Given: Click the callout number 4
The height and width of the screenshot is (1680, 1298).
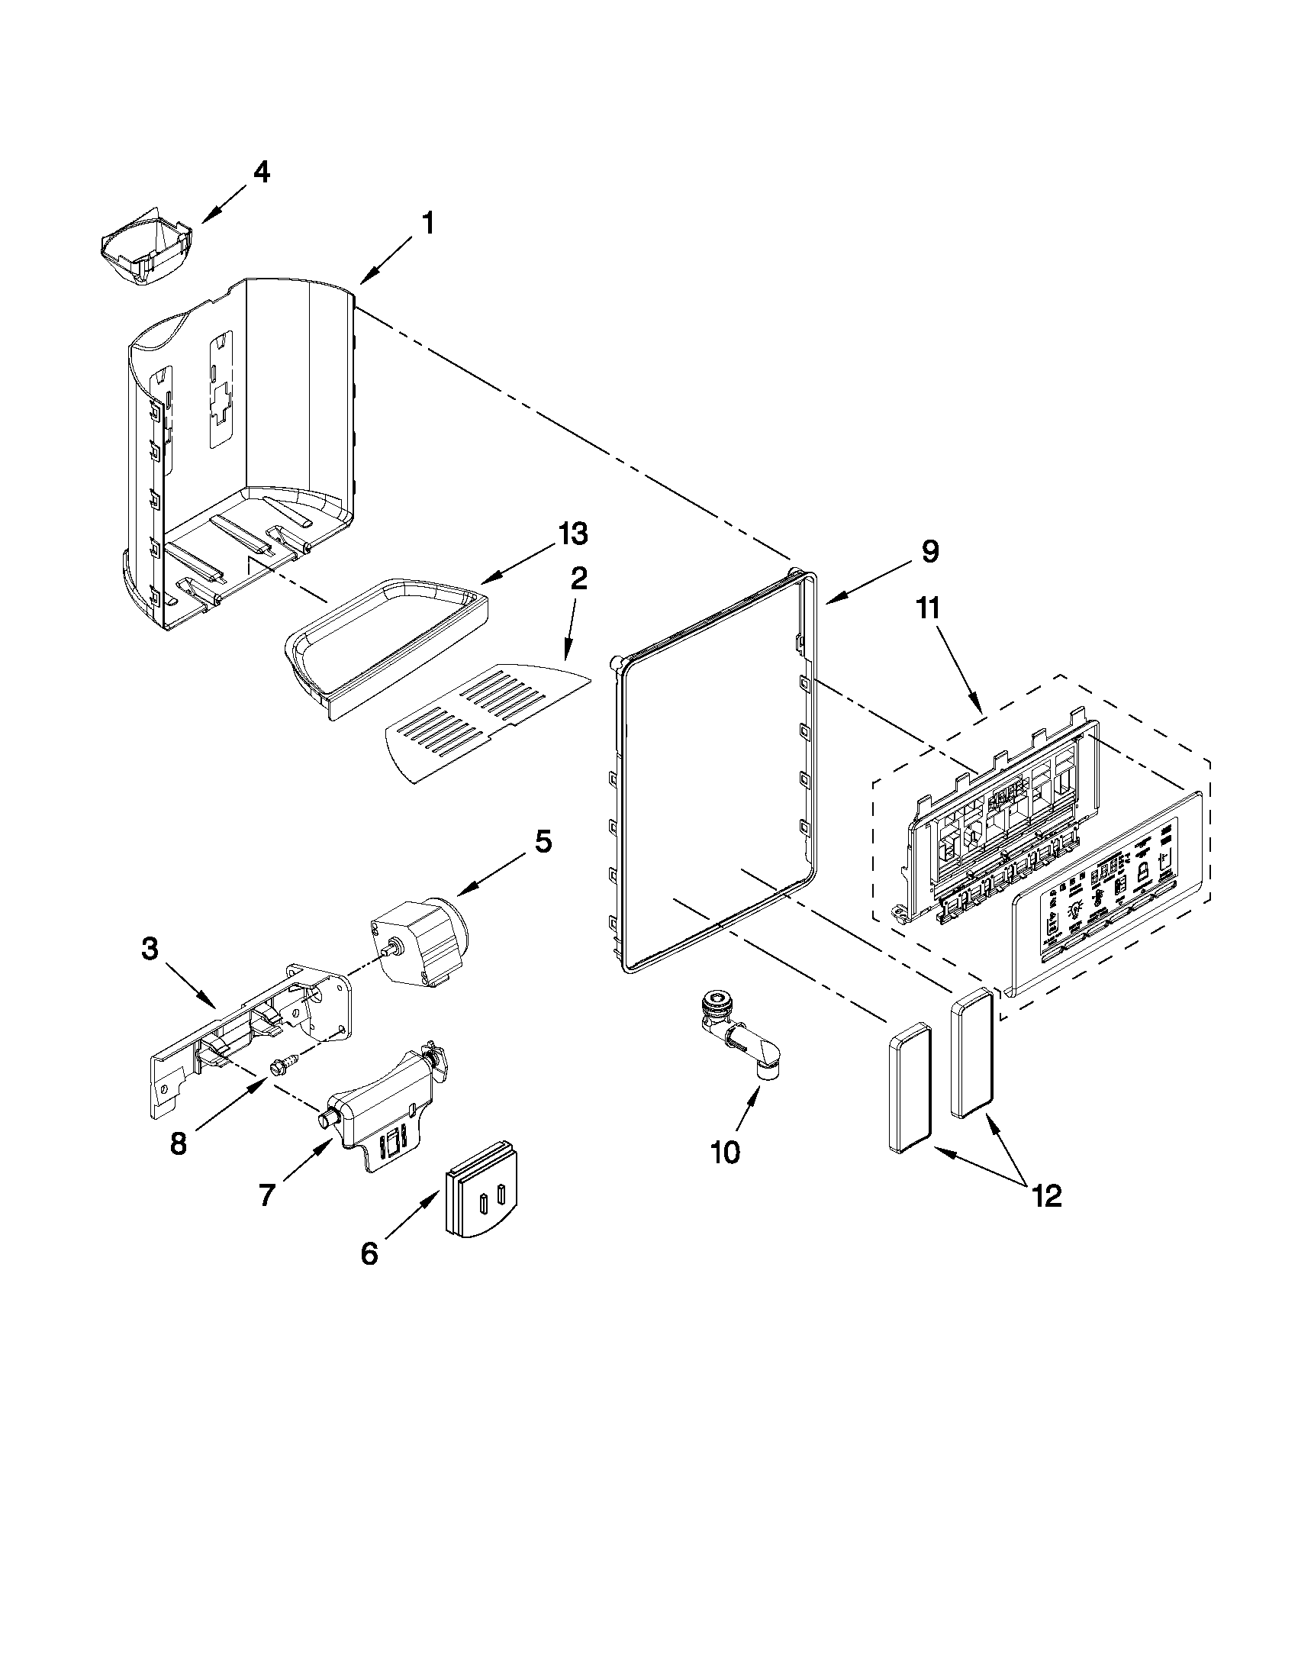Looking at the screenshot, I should (262, 173).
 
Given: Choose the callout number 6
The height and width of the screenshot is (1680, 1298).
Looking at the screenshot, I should (369, 1254).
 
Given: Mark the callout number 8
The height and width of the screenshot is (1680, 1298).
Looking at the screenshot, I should (178, 1144).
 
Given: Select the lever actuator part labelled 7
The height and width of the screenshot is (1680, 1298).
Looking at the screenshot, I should (381, 1108).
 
